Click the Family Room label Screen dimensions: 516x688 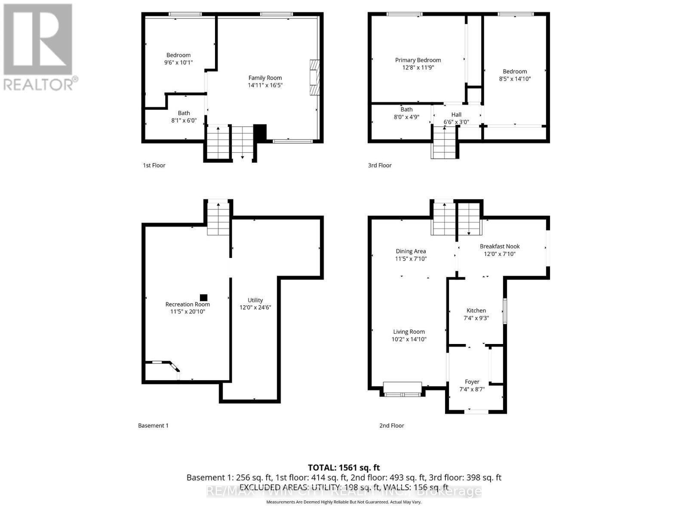tap(265, 78)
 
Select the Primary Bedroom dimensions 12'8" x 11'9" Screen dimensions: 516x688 tap(418, 68)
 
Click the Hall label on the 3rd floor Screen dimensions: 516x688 tap(456, 114)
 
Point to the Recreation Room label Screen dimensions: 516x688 tap(187, 304)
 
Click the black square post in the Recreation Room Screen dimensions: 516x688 tap(204, 298)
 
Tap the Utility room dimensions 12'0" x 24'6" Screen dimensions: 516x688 tap(255, 307)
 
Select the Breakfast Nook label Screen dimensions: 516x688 tap(500, 246)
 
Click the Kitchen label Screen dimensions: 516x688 tap(476, 310)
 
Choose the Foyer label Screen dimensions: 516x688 tap(472, 382)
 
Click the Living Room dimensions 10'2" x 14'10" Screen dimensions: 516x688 tap(408, 339)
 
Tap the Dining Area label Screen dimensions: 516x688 tap(411, 251)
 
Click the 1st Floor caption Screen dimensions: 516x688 tap(154, 165)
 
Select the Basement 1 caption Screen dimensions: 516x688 tap(153, 425)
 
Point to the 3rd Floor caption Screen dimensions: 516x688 tap(380, 165)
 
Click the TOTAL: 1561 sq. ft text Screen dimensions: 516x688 tap(344, 467)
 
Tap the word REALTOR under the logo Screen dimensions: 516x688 tap(39, 84)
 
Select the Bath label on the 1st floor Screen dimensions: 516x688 tap(184, 113)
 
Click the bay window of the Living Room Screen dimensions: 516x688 tap(402, 389)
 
